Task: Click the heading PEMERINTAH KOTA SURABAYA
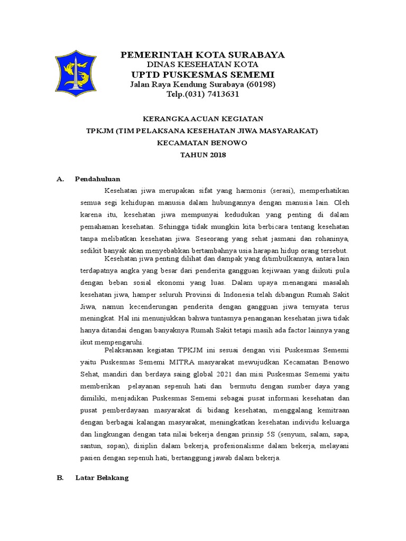[203, 55]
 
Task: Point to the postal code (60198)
[257, 85]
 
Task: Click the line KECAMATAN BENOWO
[203, 143]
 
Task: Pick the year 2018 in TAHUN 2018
[217, 155]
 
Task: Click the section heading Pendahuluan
[98, 179]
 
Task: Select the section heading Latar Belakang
[102, 478]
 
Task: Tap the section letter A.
[60, 179]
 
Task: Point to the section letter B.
[60, 478]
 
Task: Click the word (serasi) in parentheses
[283, 190]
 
